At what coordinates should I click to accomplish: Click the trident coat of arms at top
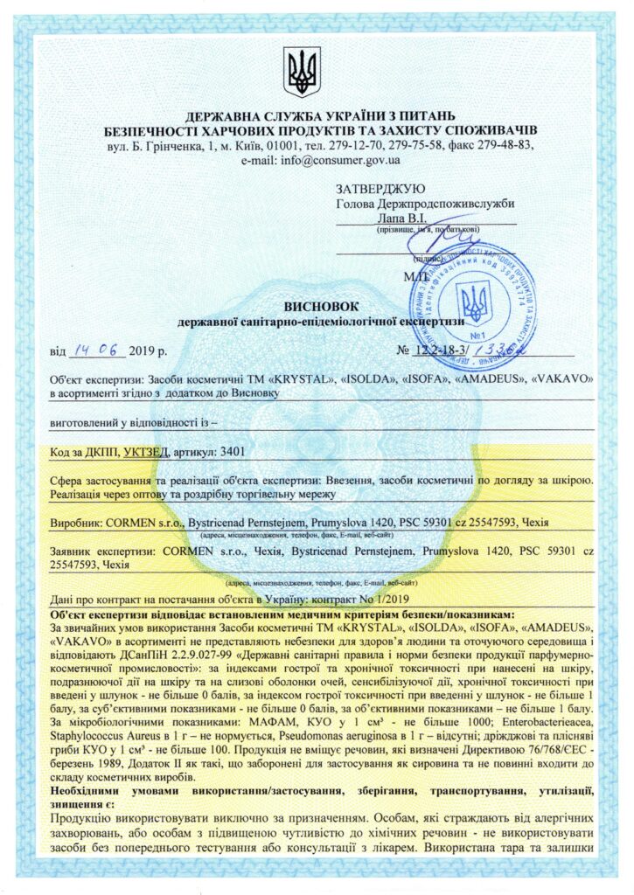point(302,73)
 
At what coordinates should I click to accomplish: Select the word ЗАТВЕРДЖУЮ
point(380,189)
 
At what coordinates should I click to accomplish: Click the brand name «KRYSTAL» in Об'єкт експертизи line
point(300,381)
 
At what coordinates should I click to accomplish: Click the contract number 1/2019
point(387,598)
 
